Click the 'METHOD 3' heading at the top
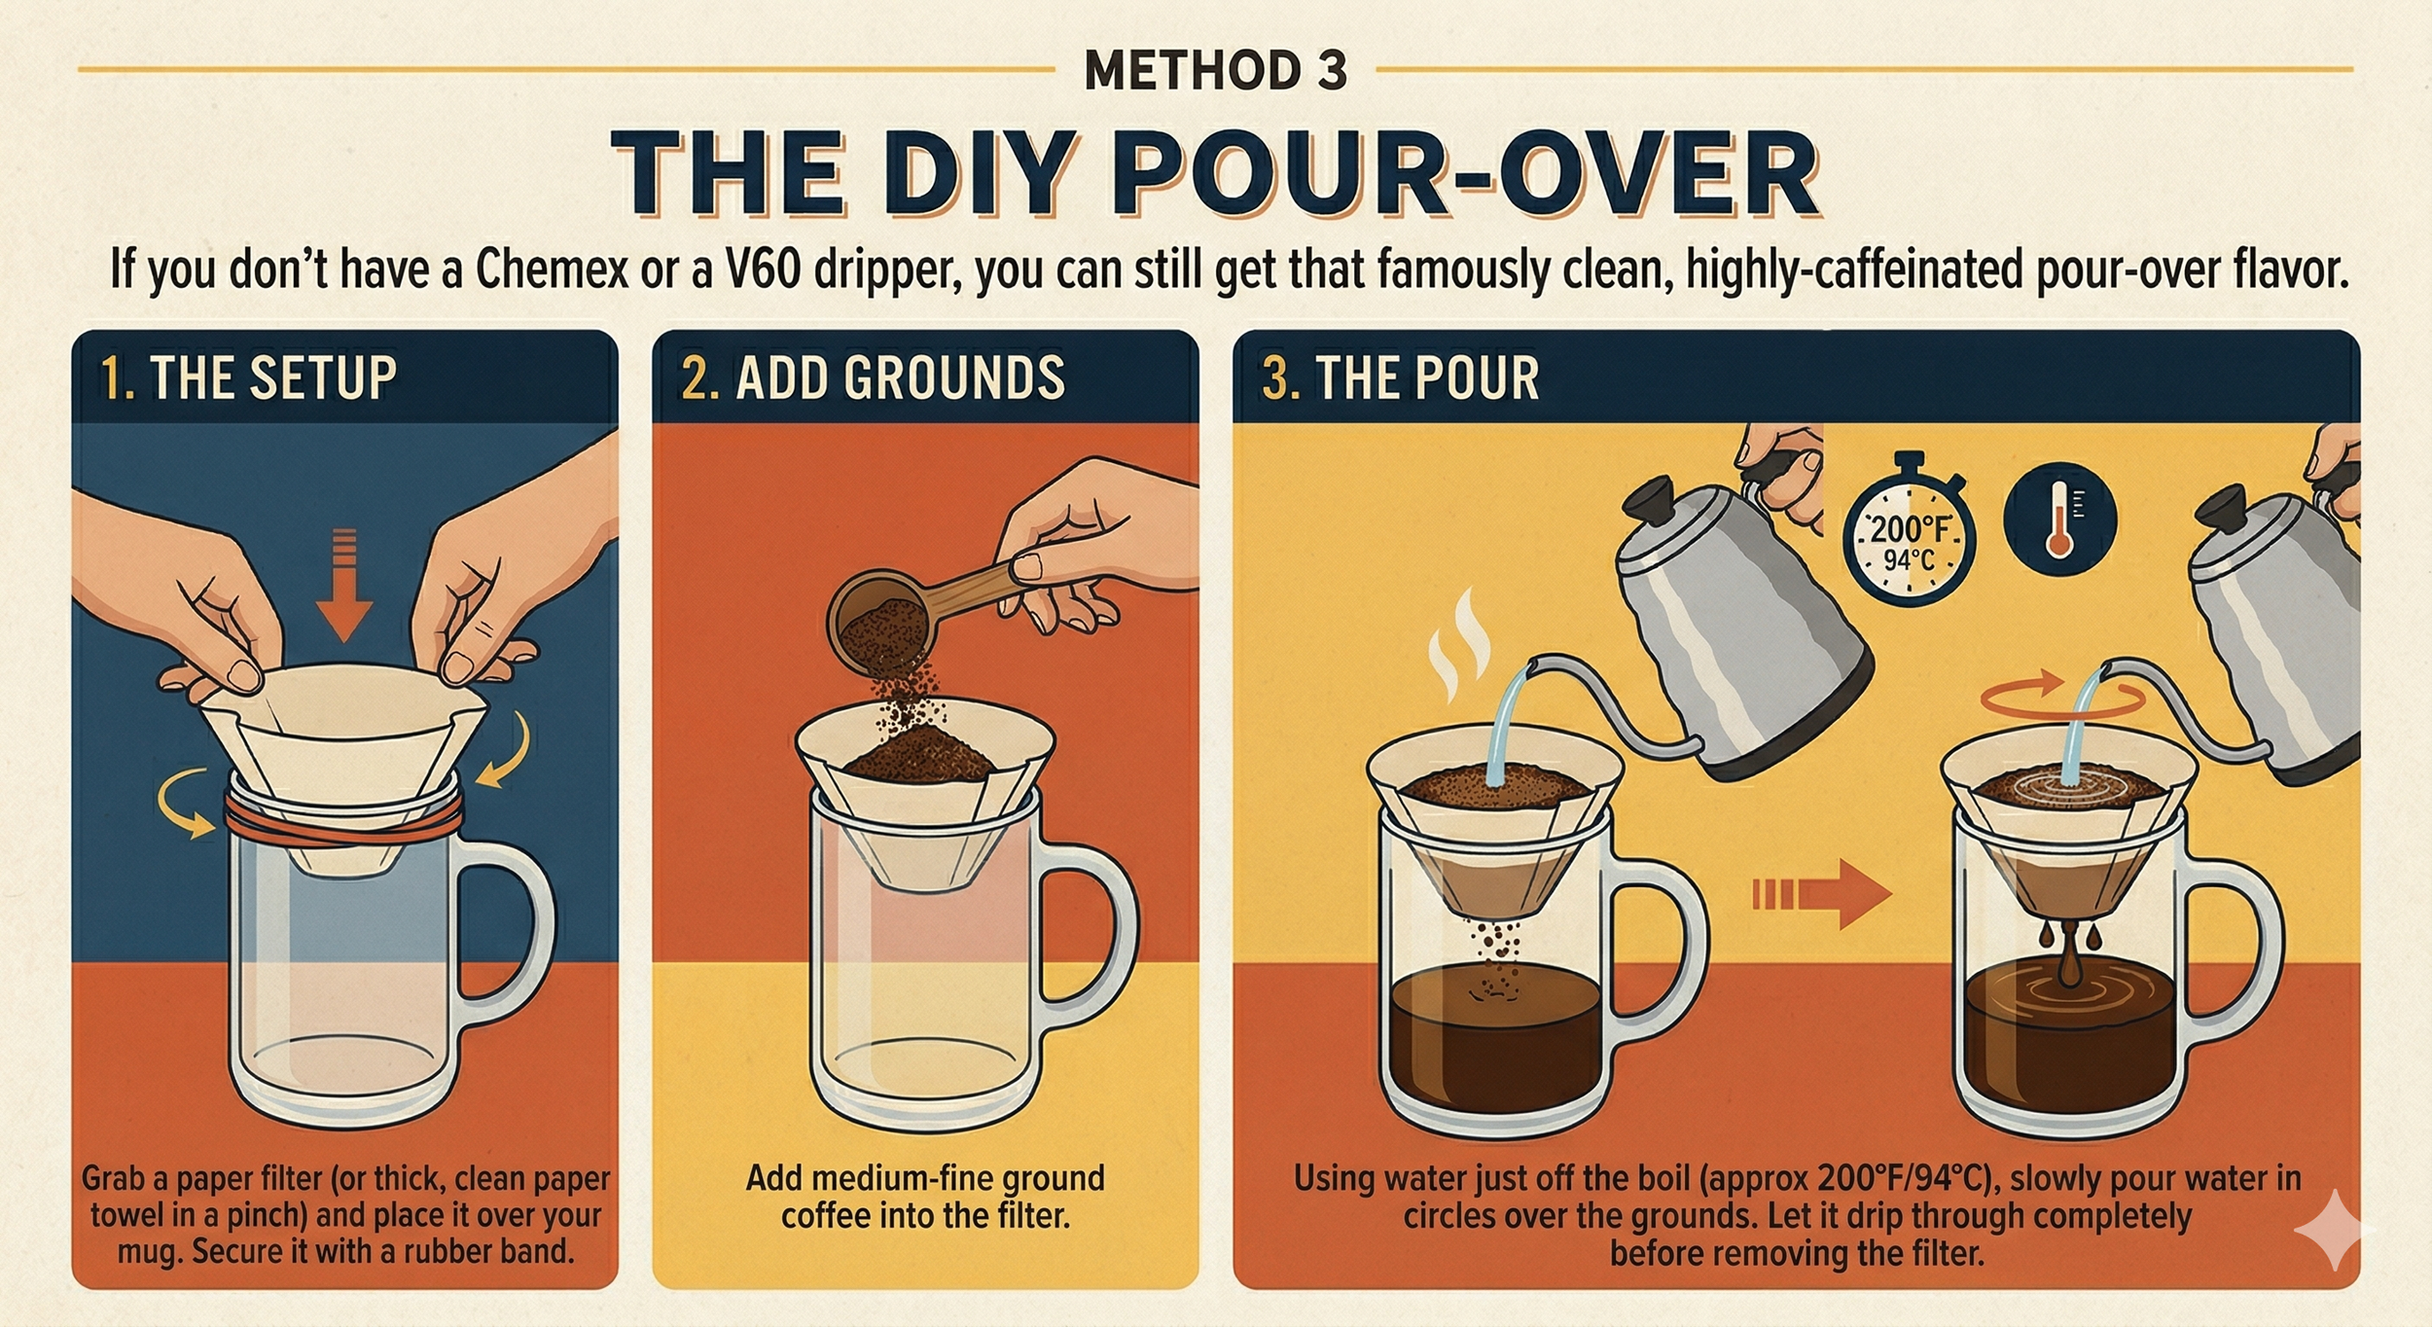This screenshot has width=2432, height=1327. [x=1216, y=70]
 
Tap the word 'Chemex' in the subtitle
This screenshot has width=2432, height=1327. [x=553, y=270]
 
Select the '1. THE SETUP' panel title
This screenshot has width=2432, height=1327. [x=249, y=377]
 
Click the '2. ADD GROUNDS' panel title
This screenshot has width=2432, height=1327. [x=873, y=377]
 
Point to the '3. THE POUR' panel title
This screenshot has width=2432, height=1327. [x=1400, y=377]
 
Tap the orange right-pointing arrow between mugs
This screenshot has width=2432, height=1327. [x=1821, y=894]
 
